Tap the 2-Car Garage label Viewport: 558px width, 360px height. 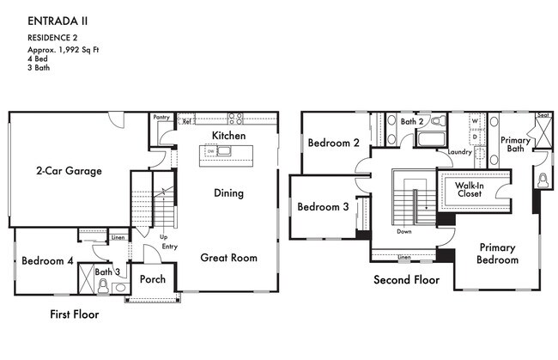pos(69,171)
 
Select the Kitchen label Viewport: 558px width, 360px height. pos(228,136)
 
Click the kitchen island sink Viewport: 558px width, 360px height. pos(222,152)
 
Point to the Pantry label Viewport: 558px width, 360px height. pos(161,117)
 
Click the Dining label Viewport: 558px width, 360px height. pos(228,193)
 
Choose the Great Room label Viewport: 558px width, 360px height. pos(228,257)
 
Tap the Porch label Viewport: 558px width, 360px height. pos(153,278)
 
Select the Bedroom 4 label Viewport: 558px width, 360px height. pos(47,261)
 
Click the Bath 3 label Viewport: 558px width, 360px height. pos(106,272)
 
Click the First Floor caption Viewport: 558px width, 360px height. pos(73,314)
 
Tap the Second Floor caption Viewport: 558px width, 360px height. pos(406,280)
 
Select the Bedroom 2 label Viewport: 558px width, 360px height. pos(333,143)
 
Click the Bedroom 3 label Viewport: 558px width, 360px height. pos(323,207)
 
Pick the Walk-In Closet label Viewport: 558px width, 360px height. pos(469,188)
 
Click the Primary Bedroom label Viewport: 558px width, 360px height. pos(498,253)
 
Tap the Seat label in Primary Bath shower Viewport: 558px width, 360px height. pos(543,115)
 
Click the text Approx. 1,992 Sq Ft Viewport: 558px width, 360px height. pos(62,51)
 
